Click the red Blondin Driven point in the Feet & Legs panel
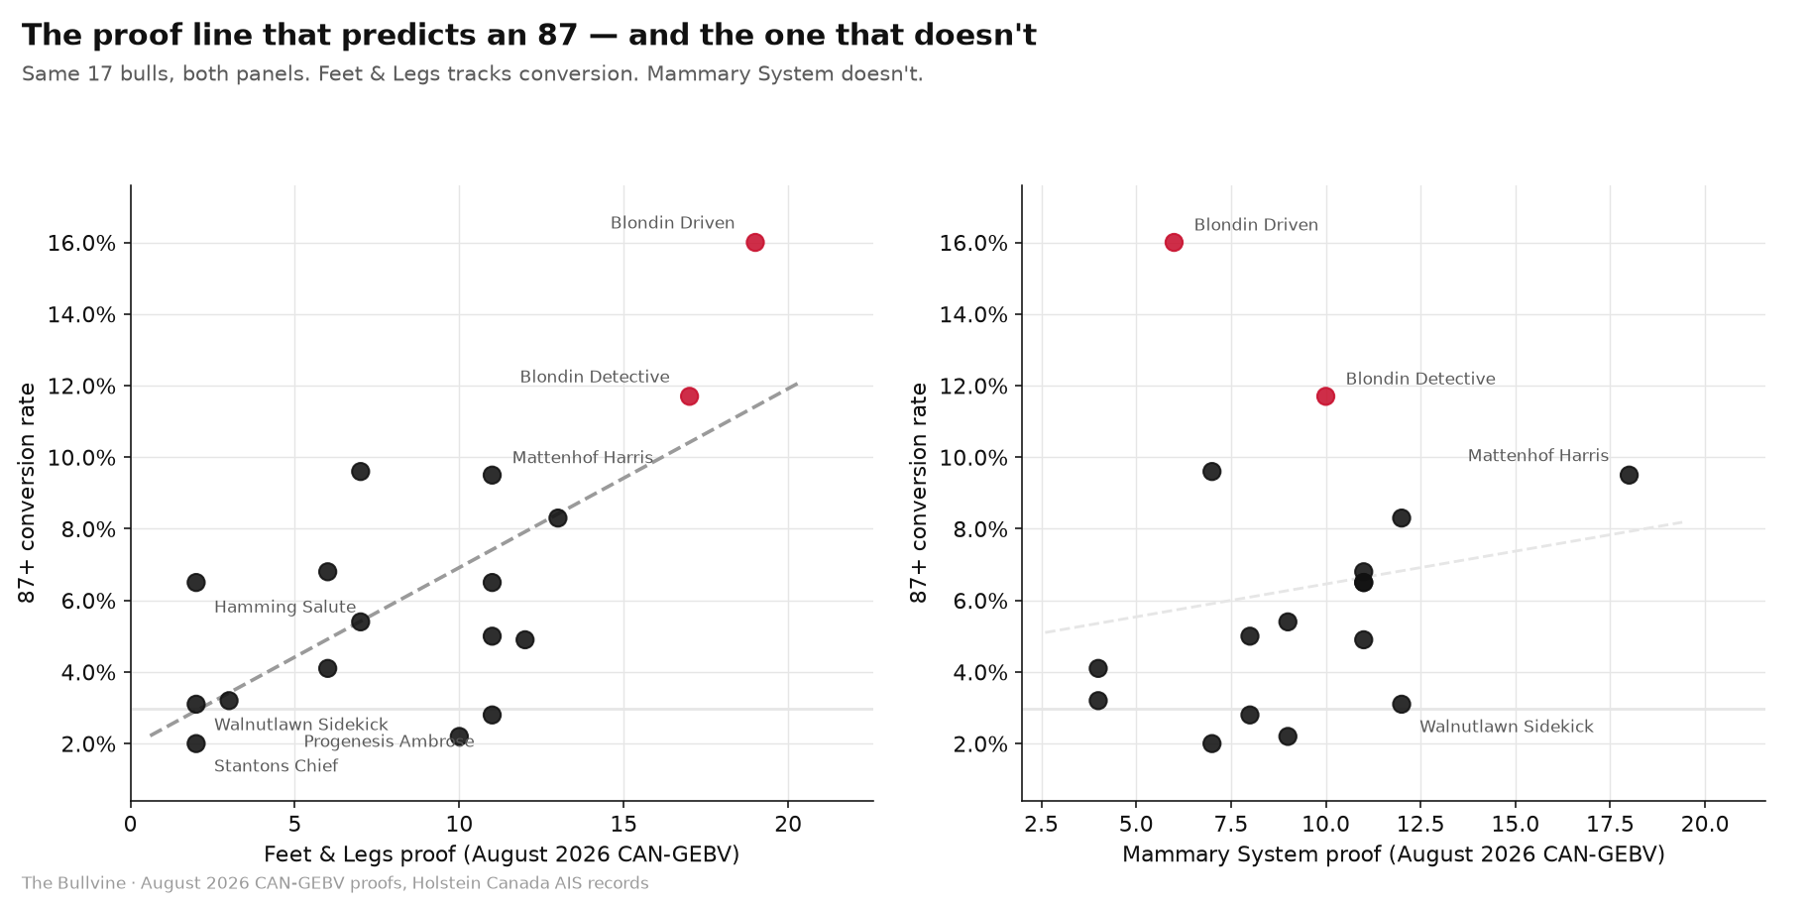(754, 243)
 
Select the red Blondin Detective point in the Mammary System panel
(1325, 396)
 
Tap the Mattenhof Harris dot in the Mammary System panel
(1629, 475)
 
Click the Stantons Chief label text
(276, 766)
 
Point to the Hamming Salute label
(284, 608)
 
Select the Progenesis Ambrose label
(389, 742)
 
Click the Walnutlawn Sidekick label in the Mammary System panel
(1506, 727)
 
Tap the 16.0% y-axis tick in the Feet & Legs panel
(81, 244)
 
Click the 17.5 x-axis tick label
(1610, 824)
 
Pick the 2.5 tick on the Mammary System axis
(1041, 824)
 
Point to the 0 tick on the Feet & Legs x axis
(130, 824)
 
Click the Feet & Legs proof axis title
(502, 854)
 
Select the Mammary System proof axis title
(1393, 854)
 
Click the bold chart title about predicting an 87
(529, 36)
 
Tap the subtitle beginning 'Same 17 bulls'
(472, 74)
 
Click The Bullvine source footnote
(335, 883)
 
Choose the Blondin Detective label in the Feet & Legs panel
(595, 378)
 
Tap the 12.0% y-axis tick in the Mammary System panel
(973, 387)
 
